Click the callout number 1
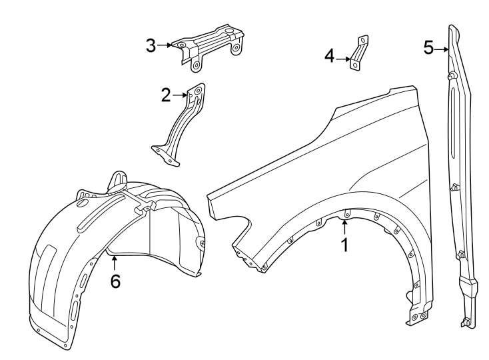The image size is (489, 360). point(345,245)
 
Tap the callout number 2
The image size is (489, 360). point(166,95)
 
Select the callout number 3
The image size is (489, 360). point(151,45)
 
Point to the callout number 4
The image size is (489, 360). point(330,56)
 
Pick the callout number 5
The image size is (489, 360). point(428,47)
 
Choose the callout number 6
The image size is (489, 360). point(115,281)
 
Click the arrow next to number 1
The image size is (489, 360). point(345,228)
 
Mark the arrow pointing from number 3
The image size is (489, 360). point(165,45)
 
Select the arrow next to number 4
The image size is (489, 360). point(344,59)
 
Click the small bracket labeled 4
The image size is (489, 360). point(360,52)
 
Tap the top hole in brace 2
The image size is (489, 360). point(197,91)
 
